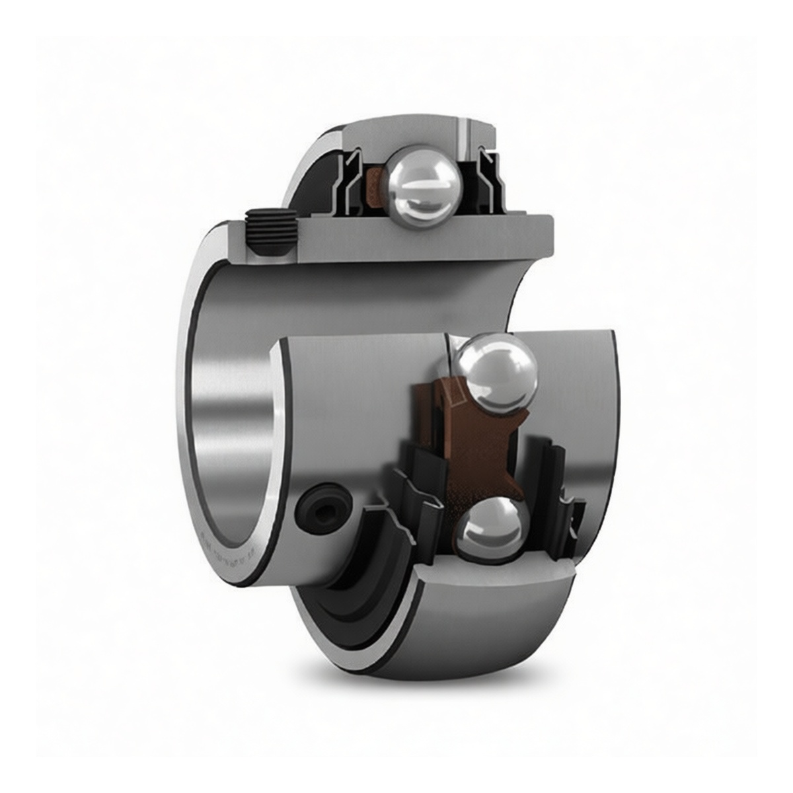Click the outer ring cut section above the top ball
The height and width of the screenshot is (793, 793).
pyautogui.click(x=423, y=135)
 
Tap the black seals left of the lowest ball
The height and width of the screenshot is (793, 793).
pyautogui.click(x=416, y=502)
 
